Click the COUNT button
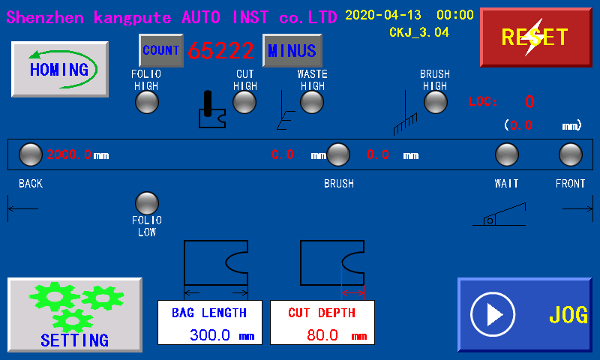pos(160,50)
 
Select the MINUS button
pos(292,51)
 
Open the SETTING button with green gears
pos(74,315)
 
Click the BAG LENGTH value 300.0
pos(209,334)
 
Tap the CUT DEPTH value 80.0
pos(322,334)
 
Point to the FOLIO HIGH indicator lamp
pos(147,102)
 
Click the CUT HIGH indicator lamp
pos(244,102)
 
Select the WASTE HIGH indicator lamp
pos(312,102)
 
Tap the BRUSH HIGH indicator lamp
pos(435,102)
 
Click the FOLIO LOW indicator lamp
pos(147,203)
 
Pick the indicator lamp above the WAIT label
pos(507,154)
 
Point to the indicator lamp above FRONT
pos(571,154)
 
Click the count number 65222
pos(221,51)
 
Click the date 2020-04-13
pos(383,15)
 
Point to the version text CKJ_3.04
pos(418,32)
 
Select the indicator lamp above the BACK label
pos(30,154)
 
